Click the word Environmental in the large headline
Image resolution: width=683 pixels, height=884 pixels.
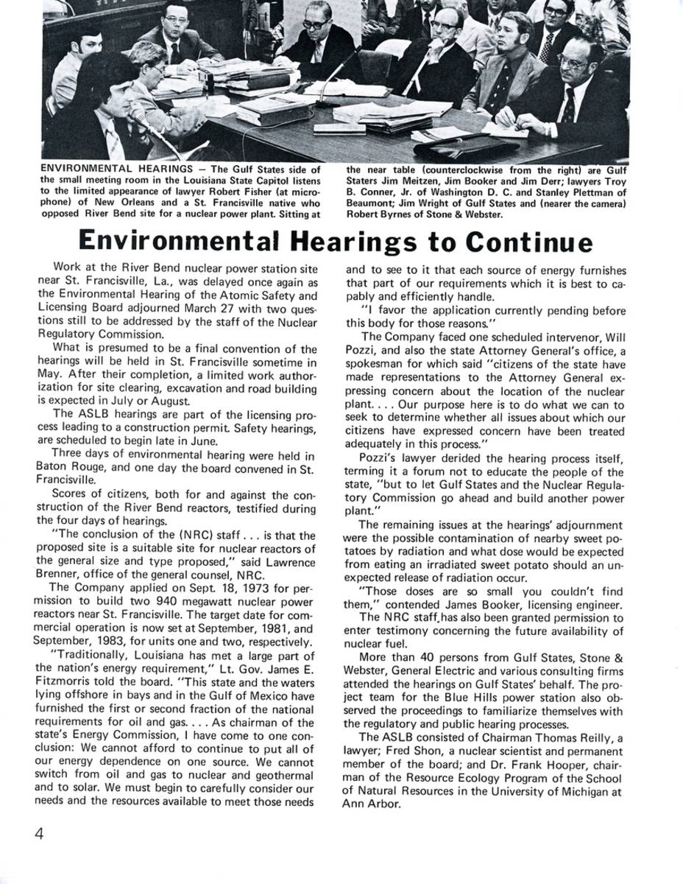[178, 241]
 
